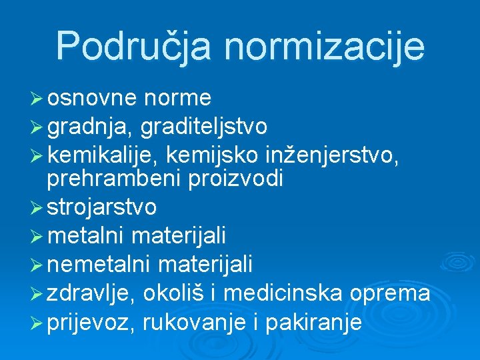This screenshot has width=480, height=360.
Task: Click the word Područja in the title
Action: (x=134, y=46)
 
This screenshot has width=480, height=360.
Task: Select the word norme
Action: (x=177, y=99)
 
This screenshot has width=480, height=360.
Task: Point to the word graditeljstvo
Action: (x=204, y=127)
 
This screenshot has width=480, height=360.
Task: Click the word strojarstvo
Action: (x=102, y=207)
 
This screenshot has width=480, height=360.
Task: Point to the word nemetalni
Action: (x=100, y=265)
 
